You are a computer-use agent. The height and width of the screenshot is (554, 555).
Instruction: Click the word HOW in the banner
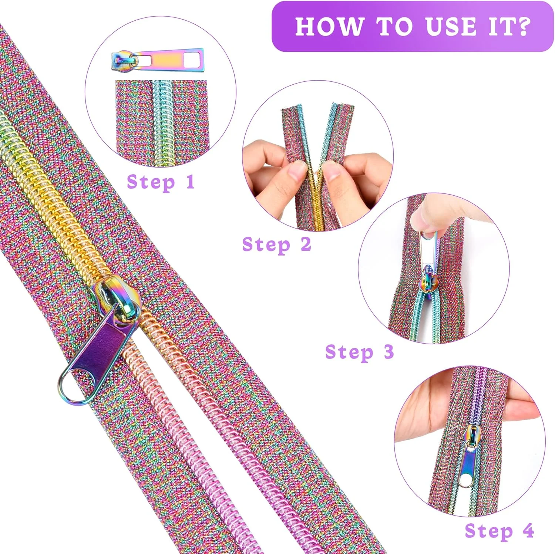329,26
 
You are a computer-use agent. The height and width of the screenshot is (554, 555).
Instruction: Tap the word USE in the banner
451,26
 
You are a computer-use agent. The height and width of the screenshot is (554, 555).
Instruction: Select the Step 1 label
161,182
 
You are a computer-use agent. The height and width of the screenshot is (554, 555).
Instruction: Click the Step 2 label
276,245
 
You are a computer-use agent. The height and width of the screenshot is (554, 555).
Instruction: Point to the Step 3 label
359,352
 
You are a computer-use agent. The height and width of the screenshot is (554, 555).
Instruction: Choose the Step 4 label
499,531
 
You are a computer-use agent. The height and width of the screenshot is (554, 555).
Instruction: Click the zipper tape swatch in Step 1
163,119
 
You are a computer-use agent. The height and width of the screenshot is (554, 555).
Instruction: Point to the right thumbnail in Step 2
333,170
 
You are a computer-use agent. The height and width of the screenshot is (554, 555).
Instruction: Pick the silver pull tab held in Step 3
429,250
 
